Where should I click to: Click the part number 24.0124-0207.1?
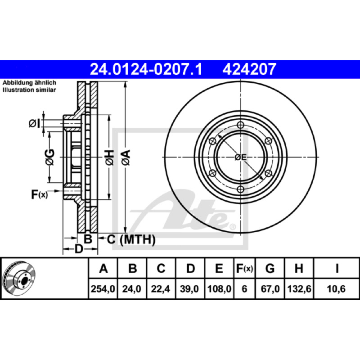tap(146, 69)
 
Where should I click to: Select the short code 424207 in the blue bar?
tap(249, 69)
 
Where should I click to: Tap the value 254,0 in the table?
tap(103, 289)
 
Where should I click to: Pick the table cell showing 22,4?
tap(161, 289)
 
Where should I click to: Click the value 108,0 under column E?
tap(219, 289)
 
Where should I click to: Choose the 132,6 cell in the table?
tap(299, 289)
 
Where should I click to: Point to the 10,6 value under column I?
tap(336, 289)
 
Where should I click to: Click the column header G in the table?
tap(270, 268)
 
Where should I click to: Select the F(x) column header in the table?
tap(244, 268)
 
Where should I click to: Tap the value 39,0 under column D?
tap(189, 289)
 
